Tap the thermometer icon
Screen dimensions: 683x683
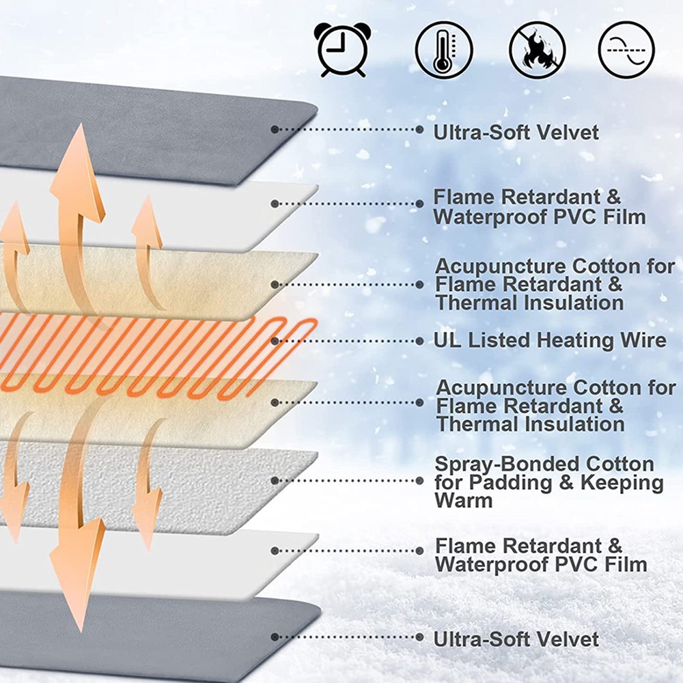click(x=444, y=50)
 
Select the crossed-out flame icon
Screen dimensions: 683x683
click(x=537, y=50)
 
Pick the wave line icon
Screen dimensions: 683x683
click(x=626, y=50)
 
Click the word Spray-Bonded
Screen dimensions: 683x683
click(x=500, y=464)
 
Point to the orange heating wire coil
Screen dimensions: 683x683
click(x=171, y=355)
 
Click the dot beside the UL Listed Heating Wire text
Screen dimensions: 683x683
click(x=419, y=340)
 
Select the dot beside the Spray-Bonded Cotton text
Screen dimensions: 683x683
click(x=419, y=480)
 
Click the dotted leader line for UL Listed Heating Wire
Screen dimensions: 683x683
click(x=348, y=340)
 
